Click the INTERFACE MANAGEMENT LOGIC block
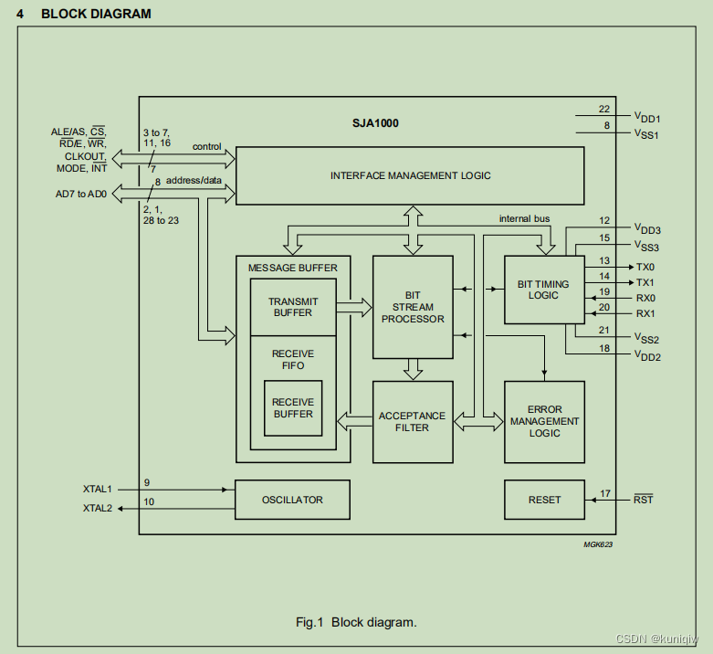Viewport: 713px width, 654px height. (x=410, y=175)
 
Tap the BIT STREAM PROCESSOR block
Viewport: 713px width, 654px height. (x=413, y=307)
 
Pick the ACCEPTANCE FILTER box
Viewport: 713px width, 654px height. (x=413, y=421)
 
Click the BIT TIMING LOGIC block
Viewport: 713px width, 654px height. (x=543, y=290)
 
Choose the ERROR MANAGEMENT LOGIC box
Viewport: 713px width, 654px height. (x=544, y=421)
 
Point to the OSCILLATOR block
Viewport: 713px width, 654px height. (x=292, y=500)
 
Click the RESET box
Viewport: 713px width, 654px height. (x=544, y=500)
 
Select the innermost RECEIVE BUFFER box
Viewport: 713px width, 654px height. (x=292, y=408)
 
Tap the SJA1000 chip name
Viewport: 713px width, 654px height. (x=375, y=122)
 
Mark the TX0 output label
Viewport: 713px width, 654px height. (x=645, y=267)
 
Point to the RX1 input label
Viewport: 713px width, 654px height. (x=645, y=313)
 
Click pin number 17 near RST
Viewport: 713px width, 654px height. (x=604, y=493)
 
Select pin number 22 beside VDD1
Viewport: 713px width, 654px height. (x=604, y=110)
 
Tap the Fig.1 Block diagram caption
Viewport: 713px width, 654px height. (x=356, y=622)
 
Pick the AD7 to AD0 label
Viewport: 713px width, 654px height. (x=82, y=194)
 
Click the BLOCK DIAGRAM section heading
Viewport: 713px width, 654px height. (x=96, y=14)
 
